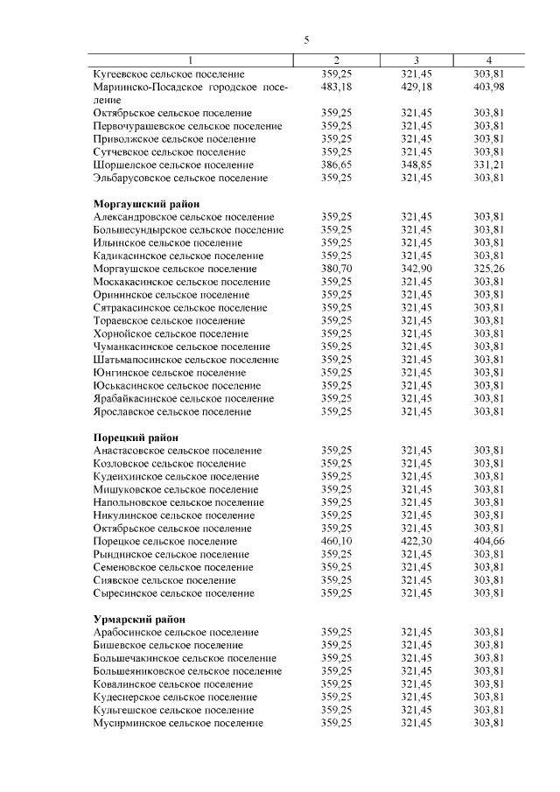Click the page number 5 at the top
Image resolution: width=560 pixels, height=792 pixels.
307,40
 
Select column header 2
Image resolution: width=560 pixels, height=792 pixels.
337,60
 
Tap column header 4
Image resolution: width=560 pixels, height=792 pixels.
489,60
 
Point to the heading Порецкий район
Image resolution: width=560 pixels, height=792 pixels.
136,437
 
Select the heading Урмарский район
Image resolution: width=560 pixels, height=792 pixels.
137,619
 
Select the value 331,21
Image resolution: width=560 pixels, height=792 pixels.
489,165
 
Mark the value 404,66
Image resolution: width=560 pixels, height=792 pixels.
489,542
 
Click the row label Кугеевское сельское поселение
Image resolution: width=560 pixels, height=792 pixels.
169,74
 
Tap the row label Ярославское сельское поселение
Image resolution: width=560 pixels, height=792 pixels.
174,411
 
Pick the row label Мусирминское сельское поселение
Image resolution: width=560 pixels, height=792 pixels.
178,723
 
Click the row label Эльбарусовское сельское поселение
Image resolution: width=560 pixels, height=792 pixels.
180,178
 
